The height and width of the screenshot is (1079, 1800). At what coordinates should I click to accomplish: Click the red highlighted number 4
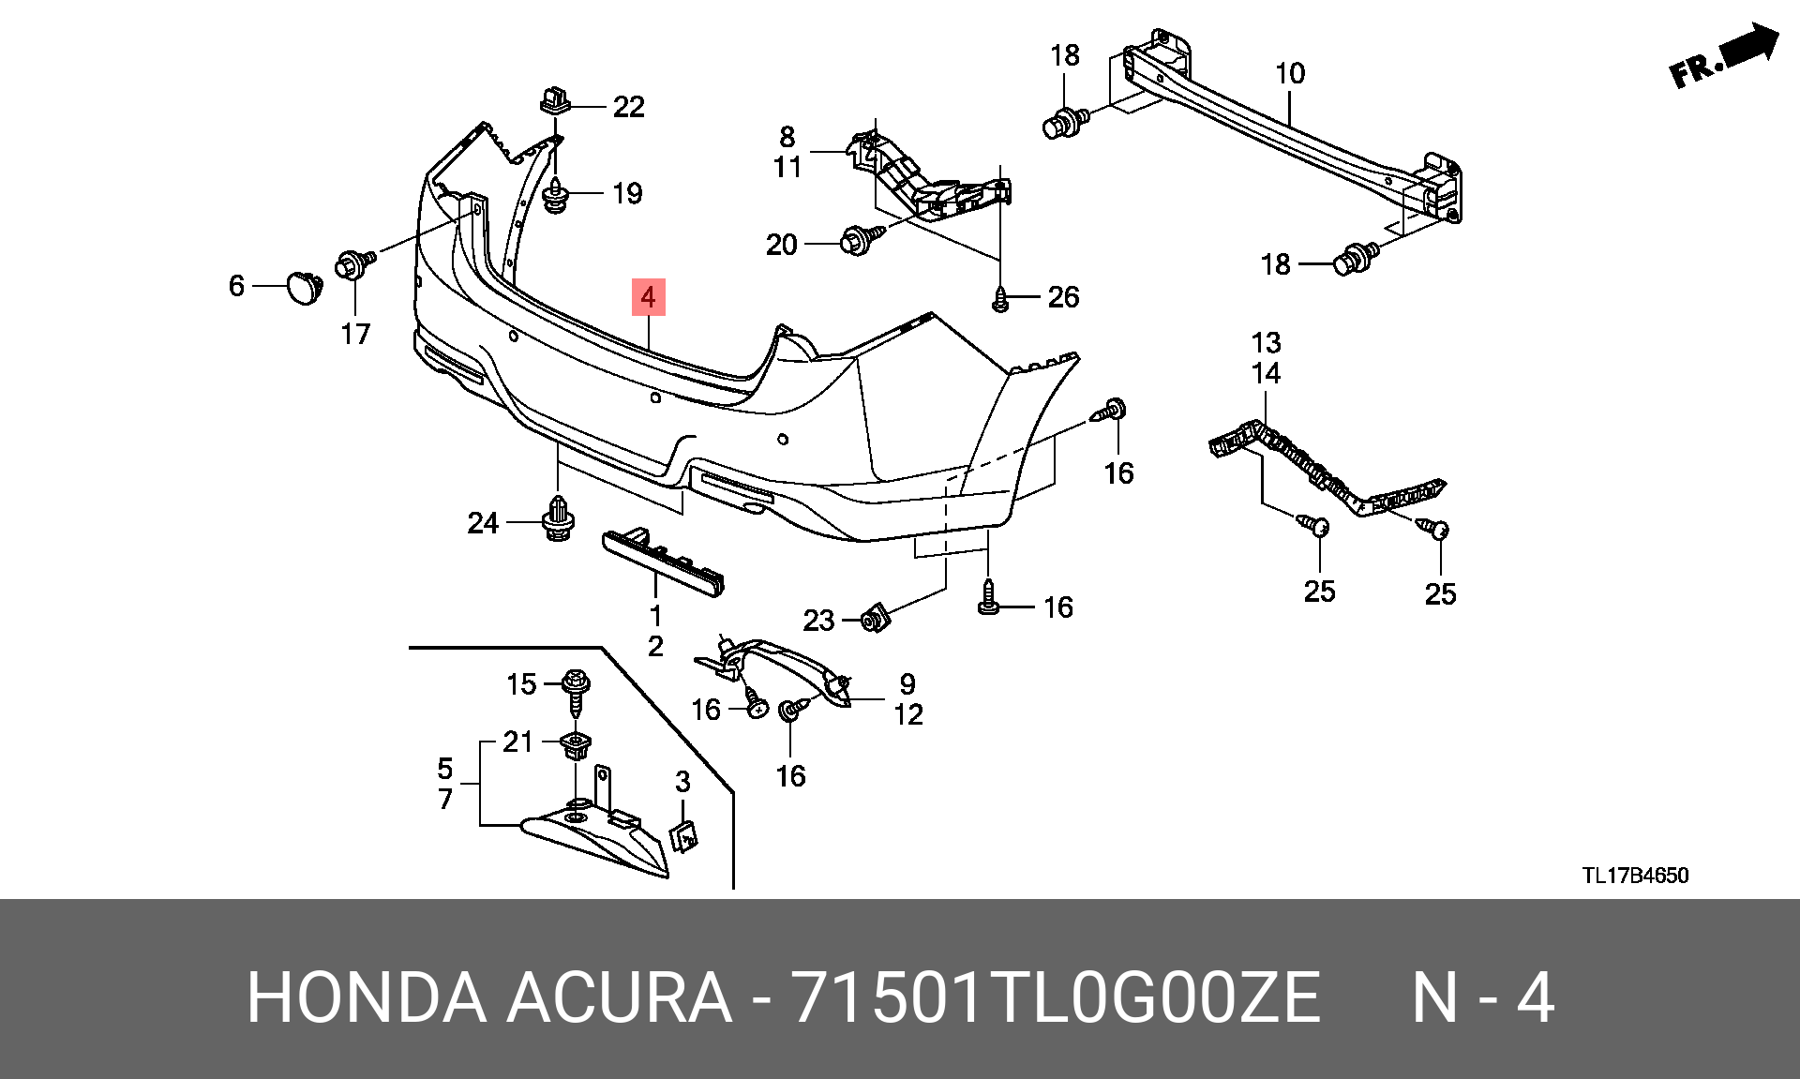point(648,297)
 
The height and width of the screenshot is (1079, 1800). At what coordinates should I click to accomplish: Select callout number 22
point(629,107)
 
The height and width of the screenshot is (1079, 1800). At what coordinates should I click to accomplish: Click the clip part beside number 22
point(556,98)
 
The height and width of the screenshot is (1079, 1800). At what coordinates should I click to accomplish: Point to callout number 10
point(1290,73)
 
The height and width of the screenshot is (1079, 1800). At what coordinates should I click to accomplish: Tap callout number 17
point(355,334)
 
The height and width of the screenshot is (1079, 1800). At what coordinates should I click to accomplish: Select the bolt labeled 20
point(863,240)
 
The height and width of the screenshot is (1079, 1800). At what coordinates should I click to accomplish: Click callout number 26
point(1063,297)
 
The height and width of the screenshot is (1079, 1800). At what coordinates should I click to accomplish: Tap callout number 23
point(818,621)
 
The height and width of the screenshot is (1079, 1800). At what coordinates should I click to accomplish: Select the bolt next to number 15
point(575,693)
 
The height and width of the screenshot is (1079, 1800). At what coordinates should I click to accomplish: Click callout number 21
point(517,742)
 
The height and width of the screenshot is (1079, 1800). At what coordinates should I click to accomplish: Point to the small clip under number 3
point(684,835)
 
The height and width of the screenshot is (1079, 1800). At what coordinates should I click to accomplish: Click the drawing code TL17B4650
point(1636,876)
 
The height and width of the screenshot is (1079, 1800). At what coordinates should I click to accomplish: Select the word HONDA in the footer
point(367,997)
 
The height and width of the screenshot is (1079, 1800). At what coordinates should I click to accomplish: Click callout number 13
point(1266,343)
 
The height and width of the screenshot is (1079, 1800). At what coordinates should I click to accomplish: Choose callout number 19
point(627,194)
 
